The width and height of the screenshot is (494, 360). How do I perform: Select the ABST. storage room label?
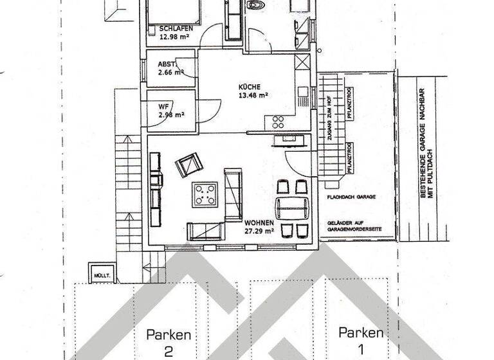167,64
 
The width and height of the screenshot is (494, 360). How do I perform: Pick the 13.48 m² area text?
253,94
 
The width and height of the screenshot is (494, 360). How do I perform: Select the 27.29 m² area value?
259,230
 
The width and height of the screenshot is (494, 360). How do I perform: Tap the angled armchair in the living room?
188,166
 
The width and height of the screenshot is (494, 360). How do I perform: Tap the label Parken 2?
169,342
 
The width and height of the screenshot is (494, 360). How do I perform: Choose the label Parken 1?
361,341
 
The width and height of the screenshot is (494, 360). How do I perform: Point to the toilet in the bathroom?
257,6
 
